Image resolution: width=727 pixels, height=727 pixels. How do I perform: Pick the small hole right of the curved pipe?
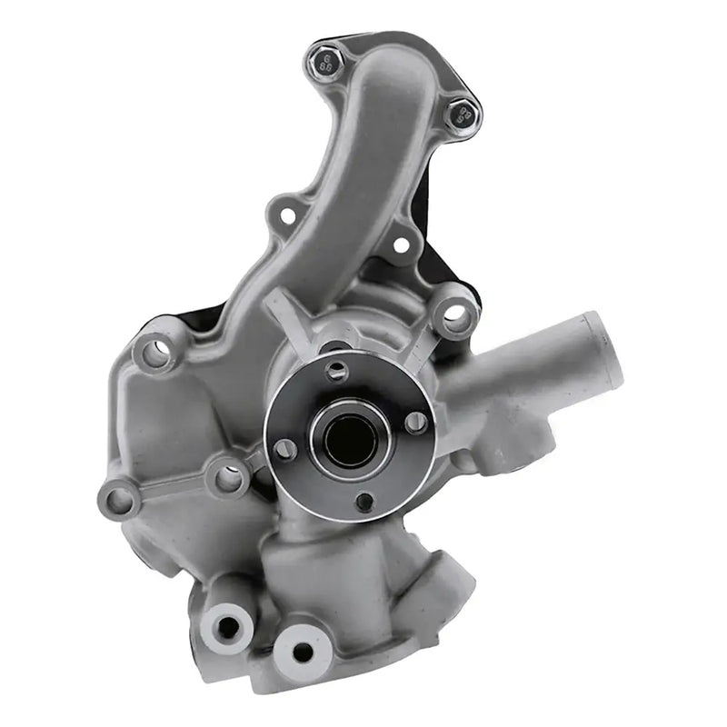(400, 244)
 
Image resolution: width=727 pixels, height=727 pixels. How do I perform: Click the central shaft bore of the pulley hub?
(351, 440)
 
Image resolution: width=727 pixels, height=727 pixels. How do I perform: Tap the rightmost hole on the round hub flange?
(417, 422)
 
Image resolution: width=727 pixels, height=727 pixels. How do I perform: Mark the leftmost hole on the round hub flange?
(285, 448)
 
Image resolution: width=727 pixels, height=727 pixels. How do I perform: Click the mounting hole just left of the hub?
(228, 476)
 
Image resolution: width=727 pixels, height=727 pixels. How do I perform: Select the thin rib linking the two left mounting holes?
(173, 488)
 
